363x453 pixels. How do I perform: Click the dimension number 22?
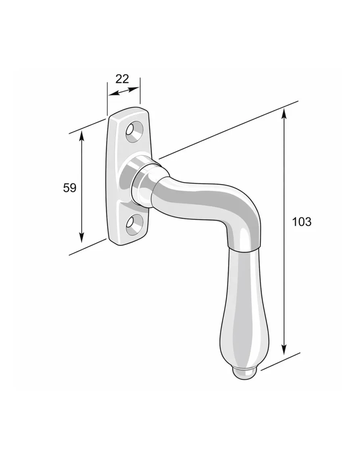pos(122,79)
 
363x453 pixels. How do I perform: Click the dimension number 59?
pos(69,188)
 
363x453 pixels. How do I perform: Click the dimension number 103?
pos(302,222)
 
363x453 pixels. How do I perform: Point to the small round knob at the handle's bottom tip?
pos(245,374)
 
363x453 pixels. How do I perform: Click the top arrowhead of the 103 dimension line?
pos(285,113)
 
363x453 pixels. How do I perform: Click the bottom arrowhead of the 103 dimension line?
pos(285,349)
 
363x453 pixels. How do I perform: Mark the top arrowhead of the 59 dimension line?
pos(82,135)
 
